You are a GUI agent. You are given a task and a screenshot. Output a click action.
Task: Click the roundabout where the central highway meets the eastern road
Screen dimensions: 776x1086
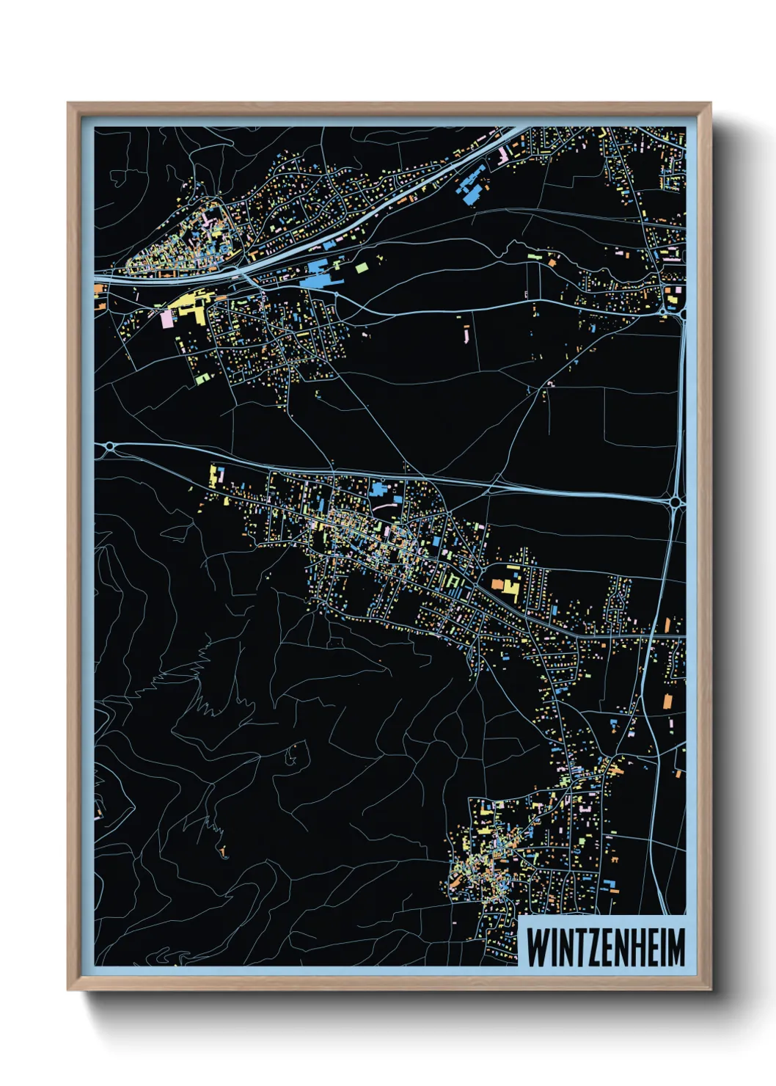(x=675, y=502)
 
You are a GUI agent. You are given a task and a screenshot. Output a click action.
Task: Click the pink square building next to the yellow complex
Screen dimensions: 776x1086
(x=166, y=318)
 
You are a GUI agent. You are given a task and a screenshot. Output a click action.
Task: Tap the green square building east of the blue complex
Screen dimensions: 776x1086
(x=362, y=268)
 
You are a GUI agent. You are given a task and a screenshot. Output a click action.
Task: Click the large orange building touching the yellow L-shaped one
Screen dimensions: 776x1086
(x=498, y=584)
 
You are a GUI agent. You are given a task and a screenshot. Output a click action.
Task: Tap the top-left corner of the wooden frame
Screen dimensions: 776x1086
(x=69, y=104)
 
